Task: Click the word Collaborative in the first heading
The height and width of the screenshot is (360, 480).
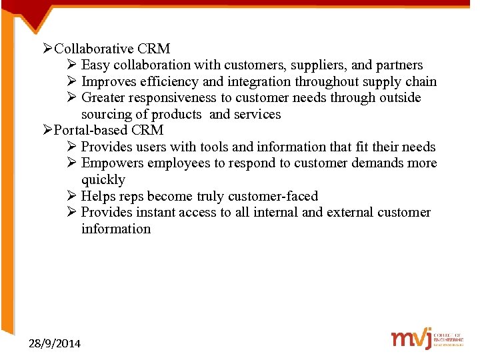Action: (x=94, y=49)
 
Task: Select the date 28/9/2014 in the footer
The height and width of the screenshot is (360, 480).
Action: (x=55, y=343)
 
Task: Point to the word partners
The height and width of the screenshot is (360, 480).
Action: (x=399, y=65)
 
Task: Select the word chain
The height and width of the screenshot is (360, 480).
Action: (x=421, y=82)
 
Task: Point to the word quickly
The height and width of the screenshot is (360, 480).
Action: (x=103, y=179)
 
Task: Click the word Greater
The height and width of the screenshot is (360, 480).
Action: (x=105, y=98)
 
